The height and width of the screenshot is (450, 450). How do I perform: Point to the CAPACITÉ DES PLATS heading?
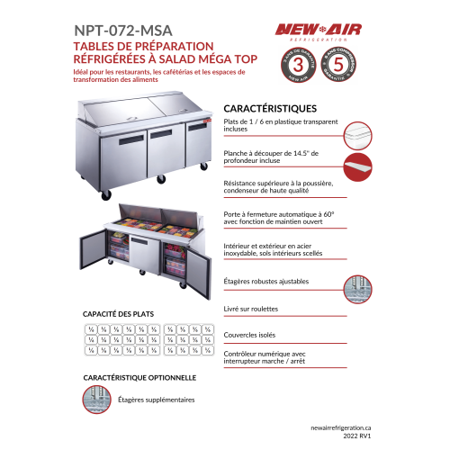119,313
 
